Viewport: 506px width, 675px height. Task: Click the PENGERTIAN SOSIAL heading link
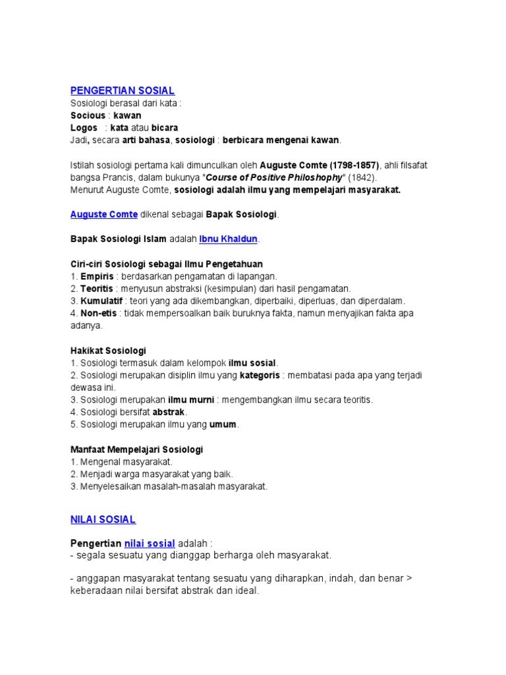122,90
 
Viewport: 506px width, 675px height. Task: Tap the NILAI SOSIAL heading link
103,519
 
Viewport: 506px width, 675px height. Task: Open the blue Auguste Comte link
103,214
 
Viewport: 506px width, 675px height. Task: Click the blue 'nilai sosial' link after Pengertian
150,543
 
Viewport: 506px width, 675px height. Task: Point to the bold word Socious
88,115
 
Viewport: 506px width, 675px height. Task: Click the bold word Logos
84,127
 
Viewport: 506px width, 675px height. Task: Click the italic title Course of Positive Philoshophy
275,177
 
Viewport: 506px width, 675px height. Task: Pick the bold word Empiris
97,276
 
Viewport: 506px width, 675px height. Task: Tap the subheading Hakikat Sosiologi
108,350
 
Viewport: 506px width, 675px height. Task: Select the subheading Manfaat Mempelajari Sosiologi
136,449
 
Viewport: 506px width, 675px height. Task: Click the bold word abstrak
169,412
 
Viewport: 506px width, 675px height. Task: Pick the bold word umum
223,425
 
